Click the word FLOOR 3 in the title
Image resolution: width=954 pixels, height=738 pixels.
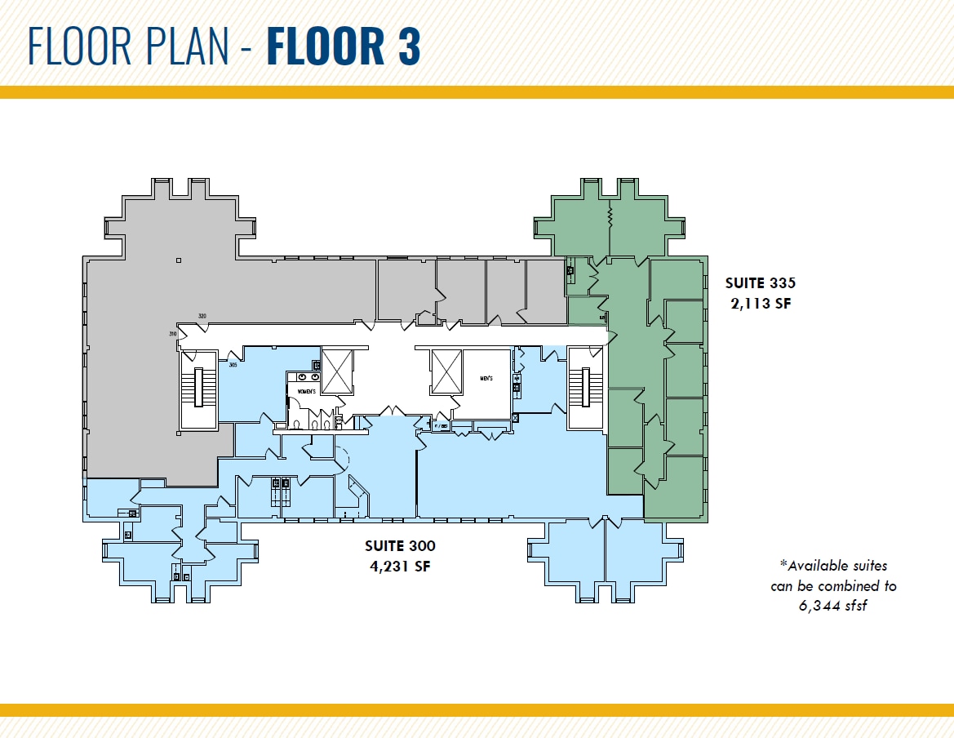tap(343, 47)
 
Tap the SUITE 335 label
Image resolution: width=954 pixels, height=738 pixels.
tap(760, 283)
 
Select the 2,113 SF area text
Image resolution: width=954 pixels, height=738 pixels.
tap(760, 304)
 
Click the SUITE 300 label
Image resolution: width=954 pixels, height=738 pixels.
tap(399, 546)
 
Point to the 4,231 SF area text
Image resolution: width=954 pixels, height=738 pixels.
tap(399, 567)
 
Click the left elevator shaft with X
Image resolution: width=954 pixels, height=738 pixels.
tap(337, 371)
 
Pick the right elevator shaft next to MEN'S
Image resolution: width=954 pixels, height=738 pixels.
tap(446, 371)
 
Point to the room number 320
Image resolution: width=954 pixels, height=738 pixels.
tap(202, 316)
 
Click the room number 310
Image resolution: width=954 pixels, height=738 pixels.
tap(173, 334)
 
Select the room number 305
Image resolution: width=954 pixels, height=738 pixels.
tap(233, 365)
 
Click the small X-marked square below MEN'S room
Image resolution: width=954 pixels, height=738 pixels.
tap(515, 417)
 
